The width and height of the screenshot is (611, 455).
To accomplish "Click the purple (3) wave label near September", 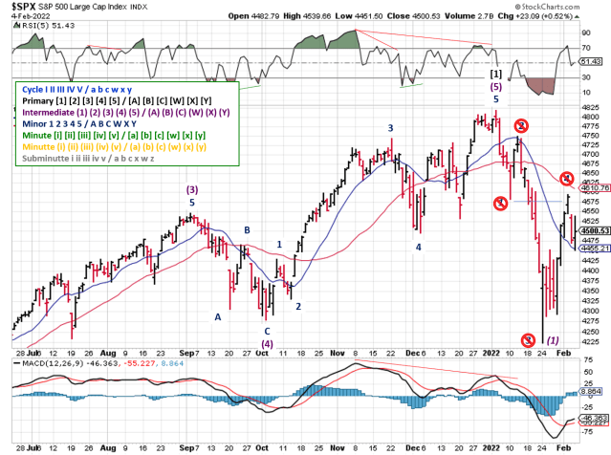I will pos(191,190).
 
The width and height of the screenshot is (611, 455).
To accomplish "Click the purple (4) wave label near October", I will pos(268,343).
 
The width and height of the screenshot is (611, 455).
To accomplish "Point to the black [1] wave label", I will pos(495,74).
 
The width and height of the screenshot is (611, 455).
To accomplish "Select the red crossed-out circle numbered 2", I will pos(521,126).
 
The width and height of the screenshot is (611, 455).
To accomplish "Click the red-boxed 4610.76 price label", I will pos(593,186).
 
